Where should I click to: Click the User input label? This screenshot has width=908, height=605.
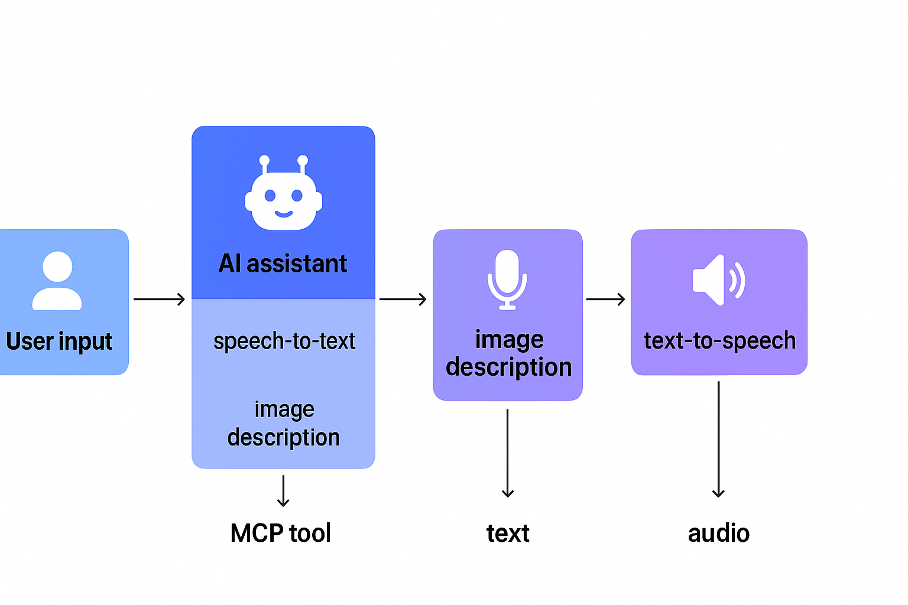(x=59, y=341)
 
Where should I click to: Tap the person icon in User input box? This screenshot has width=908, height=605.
(x=57, y=281)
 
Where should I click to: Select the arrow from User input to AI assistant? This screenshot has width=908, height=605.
(x=159, y=300)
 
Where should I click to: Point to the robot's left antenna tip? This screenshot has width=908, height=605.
(x=264, y=160)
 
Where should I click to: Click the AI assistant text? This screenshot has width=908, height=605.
(x=283, y=264)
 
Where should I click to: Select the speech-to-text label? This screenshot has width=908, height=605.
(x=284, y=341)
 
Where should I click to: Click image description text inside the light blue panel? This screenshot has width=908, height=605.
(x=284, y=424)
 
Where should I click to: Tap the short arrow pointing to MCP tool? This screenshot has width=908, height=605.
(x=283, y=490)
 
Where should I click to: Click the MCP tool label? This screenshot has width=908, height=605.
(x=281, y=533)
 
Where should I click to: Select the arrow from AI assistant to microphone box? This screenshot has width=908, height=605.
(x=403, y=300)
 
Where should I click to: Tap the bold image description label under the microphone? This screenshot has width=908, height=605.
(x=508, y=353)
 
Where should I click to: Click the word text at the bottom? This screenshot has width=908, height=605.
(x=507, y=533)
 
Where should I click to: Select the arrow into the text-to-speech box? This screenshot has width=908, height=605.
(x=605, y=300)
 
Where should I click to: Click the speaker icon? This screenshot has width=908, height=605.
(x=718, y=280)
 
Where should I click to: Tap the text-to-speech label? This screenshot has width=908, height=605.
(x=719, y=341)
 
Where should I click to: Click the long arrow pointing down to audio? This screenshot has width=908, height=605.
(x=718, y=440)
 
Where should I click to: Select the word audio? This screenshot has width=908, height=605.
(x=718, y=533)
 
